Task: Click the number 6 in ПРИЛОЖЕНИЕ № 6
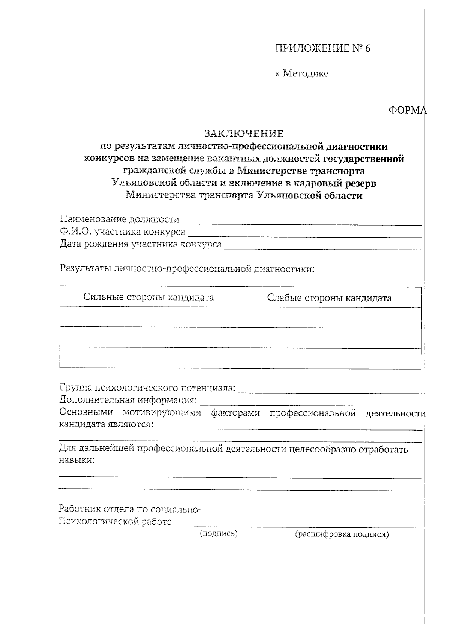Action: pos(367,49)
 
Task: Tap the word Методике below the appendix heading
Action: pos(305,73)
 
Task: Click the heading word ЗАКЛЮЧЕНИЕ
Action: pos(244,133)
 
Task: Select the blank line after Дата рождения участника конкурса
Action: pos(322,246)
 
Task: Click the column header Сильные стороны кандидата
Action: pos(148,298)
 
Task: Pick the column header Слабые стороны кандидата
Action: pos(329,298)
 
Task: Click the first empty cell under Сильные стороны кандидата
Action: pos(148,317)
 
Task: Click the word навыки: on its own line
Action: pos(77,460)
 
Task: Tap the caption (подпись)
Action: pos(219,533)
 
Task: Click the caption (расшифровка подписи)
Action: pos(342,534)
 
